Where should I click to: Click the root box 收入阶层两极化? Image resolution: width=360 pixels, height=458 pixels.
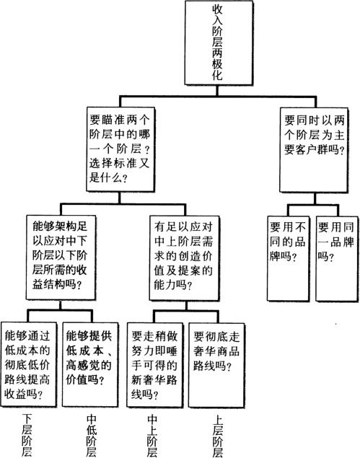click(x=219, y=43)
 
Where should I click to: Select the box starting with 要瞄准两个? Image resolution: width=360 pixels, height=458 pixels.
click(x=120, y=149)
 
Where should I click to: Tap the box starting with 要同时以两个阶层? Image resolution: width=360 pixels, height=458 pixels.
click(x=314, y=150)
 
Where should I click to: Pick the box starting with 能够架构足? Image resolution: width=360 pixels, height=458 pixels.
click(x=61, y=257)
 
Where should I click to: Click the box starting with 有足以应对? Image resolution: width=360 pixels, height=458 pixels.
click(x=185, y=258)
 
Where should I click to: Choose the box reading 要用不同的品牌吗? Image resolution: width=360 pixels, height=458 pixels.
click(x=288, y=258)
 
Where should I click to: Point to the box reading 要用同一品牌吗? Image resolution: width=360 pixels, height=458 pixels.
click(x=337, y=259)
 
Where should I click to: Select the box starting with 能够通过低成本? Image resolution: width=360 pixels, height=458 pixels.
click(x=29, y=364)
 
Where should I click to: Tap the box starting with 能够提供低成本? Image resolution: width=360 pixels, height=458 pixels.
click(x=90, y=364)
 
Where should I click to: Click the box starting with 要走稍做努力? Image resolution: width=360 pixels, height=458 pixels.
click(x=155, y=365)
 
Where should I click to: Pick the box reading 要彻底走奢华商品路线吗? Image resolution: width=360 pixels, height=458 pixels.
click(x=216, y=365)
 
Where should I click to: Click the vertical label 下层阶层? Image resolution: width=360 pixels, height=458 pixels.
click(x=27, y=435)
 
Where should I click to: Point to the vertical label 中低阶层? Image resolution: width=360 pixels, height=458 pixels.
click(x=92, y=436)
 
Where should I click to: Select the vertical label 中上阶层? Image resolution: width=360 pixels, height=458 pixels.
click(x=152, y=436)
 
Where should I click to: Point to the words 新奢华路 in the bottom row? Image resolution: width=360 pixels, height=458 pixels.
click(x=154, y=379)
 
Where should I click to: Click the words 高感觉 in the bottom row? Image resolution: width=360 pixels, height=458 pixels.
click(x=83, y=365)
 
